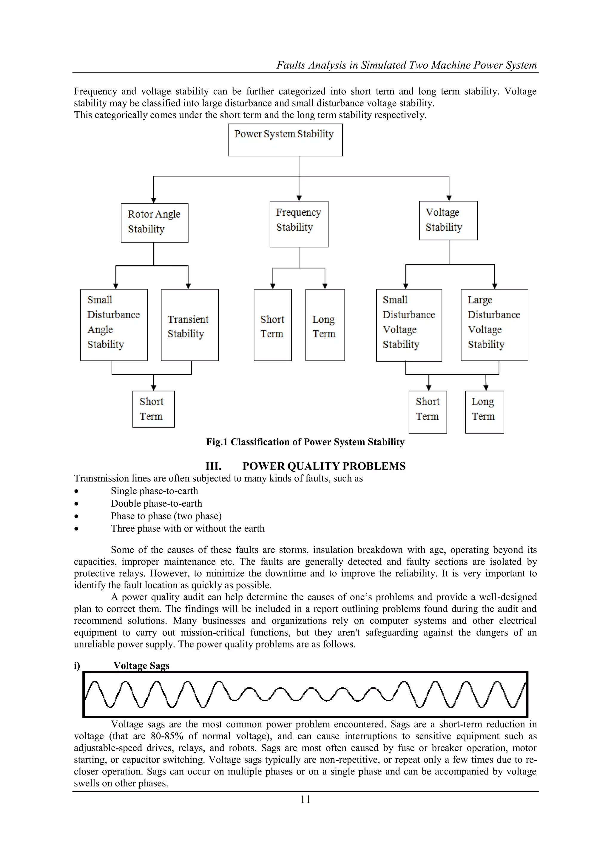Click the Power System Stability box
coord(285,140)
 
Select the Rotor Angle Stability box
coord(154,223)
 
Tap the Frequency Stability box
coord(299,224)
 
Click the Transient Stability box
coord(190,325)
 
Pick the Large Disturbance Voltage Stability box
coord(494,325)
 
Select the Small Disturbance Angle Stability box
coord(114,325)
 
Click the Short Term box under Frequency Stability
coord(272,325)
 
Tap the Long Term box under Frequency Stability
coord(325,325)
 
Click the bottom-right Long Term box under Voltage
coord(484,412)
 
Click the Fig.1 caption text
coord(305,442)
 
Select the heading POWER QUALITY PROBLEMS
coord(324,466)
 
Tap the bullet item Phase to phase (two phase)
coord(166,516)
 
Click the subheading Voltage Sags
coord(141,665)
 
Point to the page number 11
coord(305,799)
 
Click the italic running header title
coord(406,65)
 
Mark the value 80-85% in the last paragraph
coord(167,736)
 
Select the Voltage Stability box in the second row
coord(448,220)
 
